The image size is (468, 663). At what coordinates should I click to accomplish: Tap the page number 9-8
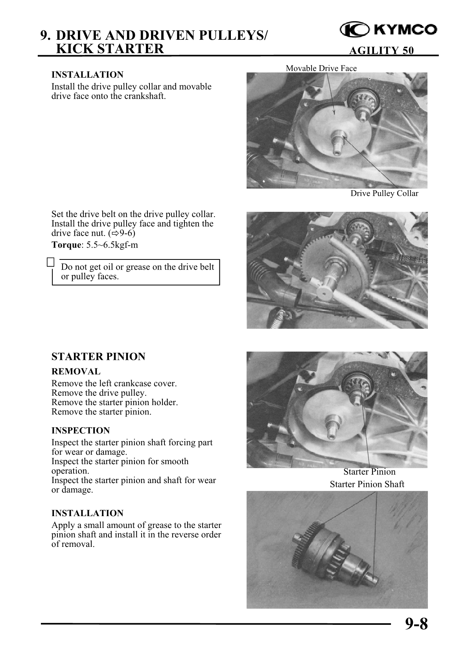pyautogui.click(x=415, y=624)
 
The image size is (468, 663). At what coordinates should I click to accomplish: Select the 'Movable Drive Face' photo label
pyautogui.click(x=321, y=68)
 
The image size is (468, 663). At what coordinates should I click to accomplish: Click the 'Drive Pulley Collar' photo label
pyautogui.click(x=384, y=193)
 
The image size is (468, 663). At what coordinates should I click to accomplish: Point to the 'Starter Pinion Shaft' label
pyautogui.click(x=367, y=484)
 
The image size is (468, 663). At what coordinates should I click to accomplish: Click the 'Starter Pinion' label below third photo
pyautogui.click(x=369, y=472)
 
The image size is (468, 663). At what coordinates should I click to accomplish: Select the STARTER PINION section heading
pyautogui.click(x=98, y=357)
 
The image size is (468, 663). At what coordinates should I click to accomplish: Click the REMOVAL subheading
pyautogui.click(x=76, y=371)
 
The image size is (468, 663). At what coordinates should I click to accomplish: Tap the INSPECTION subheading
pyautogui.click(x=81, y=430)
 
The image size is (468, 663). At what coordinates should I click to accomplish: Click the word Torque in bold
pyautogui.click(x=66, y=245)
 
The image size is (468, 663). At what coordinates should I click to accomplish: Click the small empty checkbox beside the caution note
pyautogui.click(x=50, y=262)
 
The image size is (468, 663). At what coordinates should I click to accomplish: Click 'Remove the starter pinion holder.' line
pyautogui.click(x=114, y=402)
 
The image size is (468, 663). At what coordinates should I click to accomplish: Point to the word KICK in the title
pyautogui.click(x=74, y=49)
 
